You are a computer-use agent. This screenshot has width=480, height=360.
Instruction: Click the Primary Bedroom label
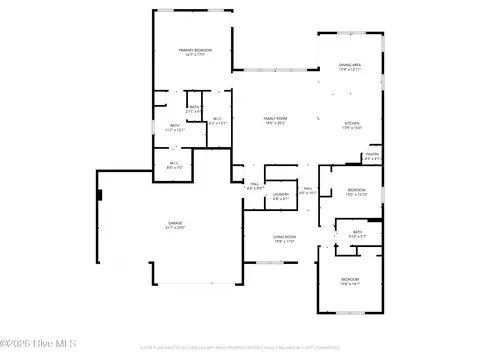(x=195, y=51)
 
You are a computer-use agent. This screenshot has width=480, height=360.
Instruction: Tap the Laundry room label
(x=281, y=196)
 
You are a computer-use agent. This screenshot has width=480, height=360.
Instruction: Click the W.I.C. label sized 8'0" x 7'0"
(x=173, y=165)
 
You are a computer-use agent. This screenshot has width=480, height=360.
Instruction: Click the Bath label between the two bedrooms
(x=357, y=234)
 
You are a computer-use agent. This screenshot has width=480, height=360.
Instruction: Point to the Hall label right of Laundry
(x=309, y=189)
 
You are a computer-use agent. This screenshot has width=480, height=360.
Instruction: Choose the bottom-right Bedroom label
(x=350, y=281)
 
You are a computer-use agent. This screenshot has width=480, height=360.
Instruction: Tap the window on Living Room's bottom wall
(x=264, y=263)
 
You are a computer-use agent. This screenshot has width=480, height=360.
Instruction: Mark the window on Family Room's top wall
(x=264, y=71)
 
